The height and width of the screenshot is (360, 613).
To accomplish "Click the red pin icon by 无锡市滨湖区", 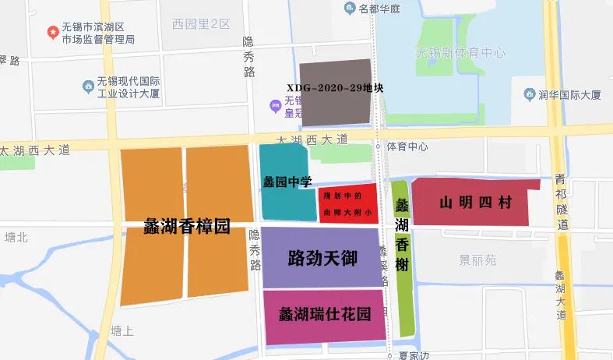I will (x=52, y=33).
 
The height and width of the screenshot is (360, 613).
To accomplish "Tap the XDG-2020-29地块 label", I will (x=335, y=88).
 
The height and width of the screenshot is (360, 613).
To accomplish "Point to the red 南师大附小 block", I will (x=348, y=203).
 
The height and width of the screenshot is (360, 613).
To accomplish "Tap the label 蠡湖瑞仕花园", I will (x=324, y=315).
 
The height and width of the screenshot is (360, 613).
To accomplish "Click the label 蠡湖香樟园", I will (x=187, y=227).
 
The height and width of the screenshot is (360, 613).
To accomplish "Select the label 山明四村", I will (x=475, y=203).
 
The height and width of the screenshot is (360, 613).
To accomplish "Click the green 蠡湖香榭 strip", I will (x=401, y=257).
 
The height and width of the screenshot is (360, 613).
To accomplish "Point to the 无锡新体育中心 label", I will (x=460, y=53).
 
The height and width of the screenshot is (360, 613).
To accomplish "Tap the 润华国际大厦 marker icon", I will (x=530, y=95).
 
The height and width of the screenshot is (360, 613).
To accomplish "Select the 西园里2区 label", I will (x=201, y=24).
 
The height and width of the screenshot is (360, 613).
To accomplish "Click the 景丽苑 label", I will (x=477, y=260).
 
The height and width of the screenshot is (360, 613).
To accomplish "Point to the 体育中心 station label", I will (x=408, y=146).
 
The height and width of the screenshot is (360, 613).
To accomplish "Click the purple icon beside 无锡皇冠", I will (x=273, y=106).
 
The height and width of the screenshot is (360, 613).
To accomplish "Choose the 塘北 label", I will (x=16, y=237).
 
